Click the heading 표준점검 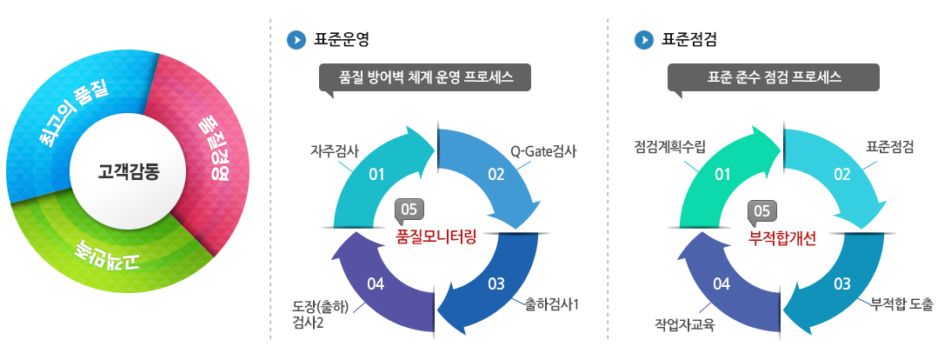[689, 40]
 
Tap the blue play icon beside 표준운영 [296, 40]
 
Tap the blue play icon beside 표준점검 [643, 40]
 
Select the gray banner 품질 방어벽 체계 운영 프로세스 [425, 78]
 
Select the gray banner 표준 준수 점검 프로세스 [774, 78]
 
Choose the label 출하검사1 [552, 304]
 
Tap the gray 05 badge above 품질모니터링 [409, 210]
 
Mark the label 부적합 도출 [901, 304]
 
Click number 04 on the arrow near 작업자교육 [722, 283]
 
